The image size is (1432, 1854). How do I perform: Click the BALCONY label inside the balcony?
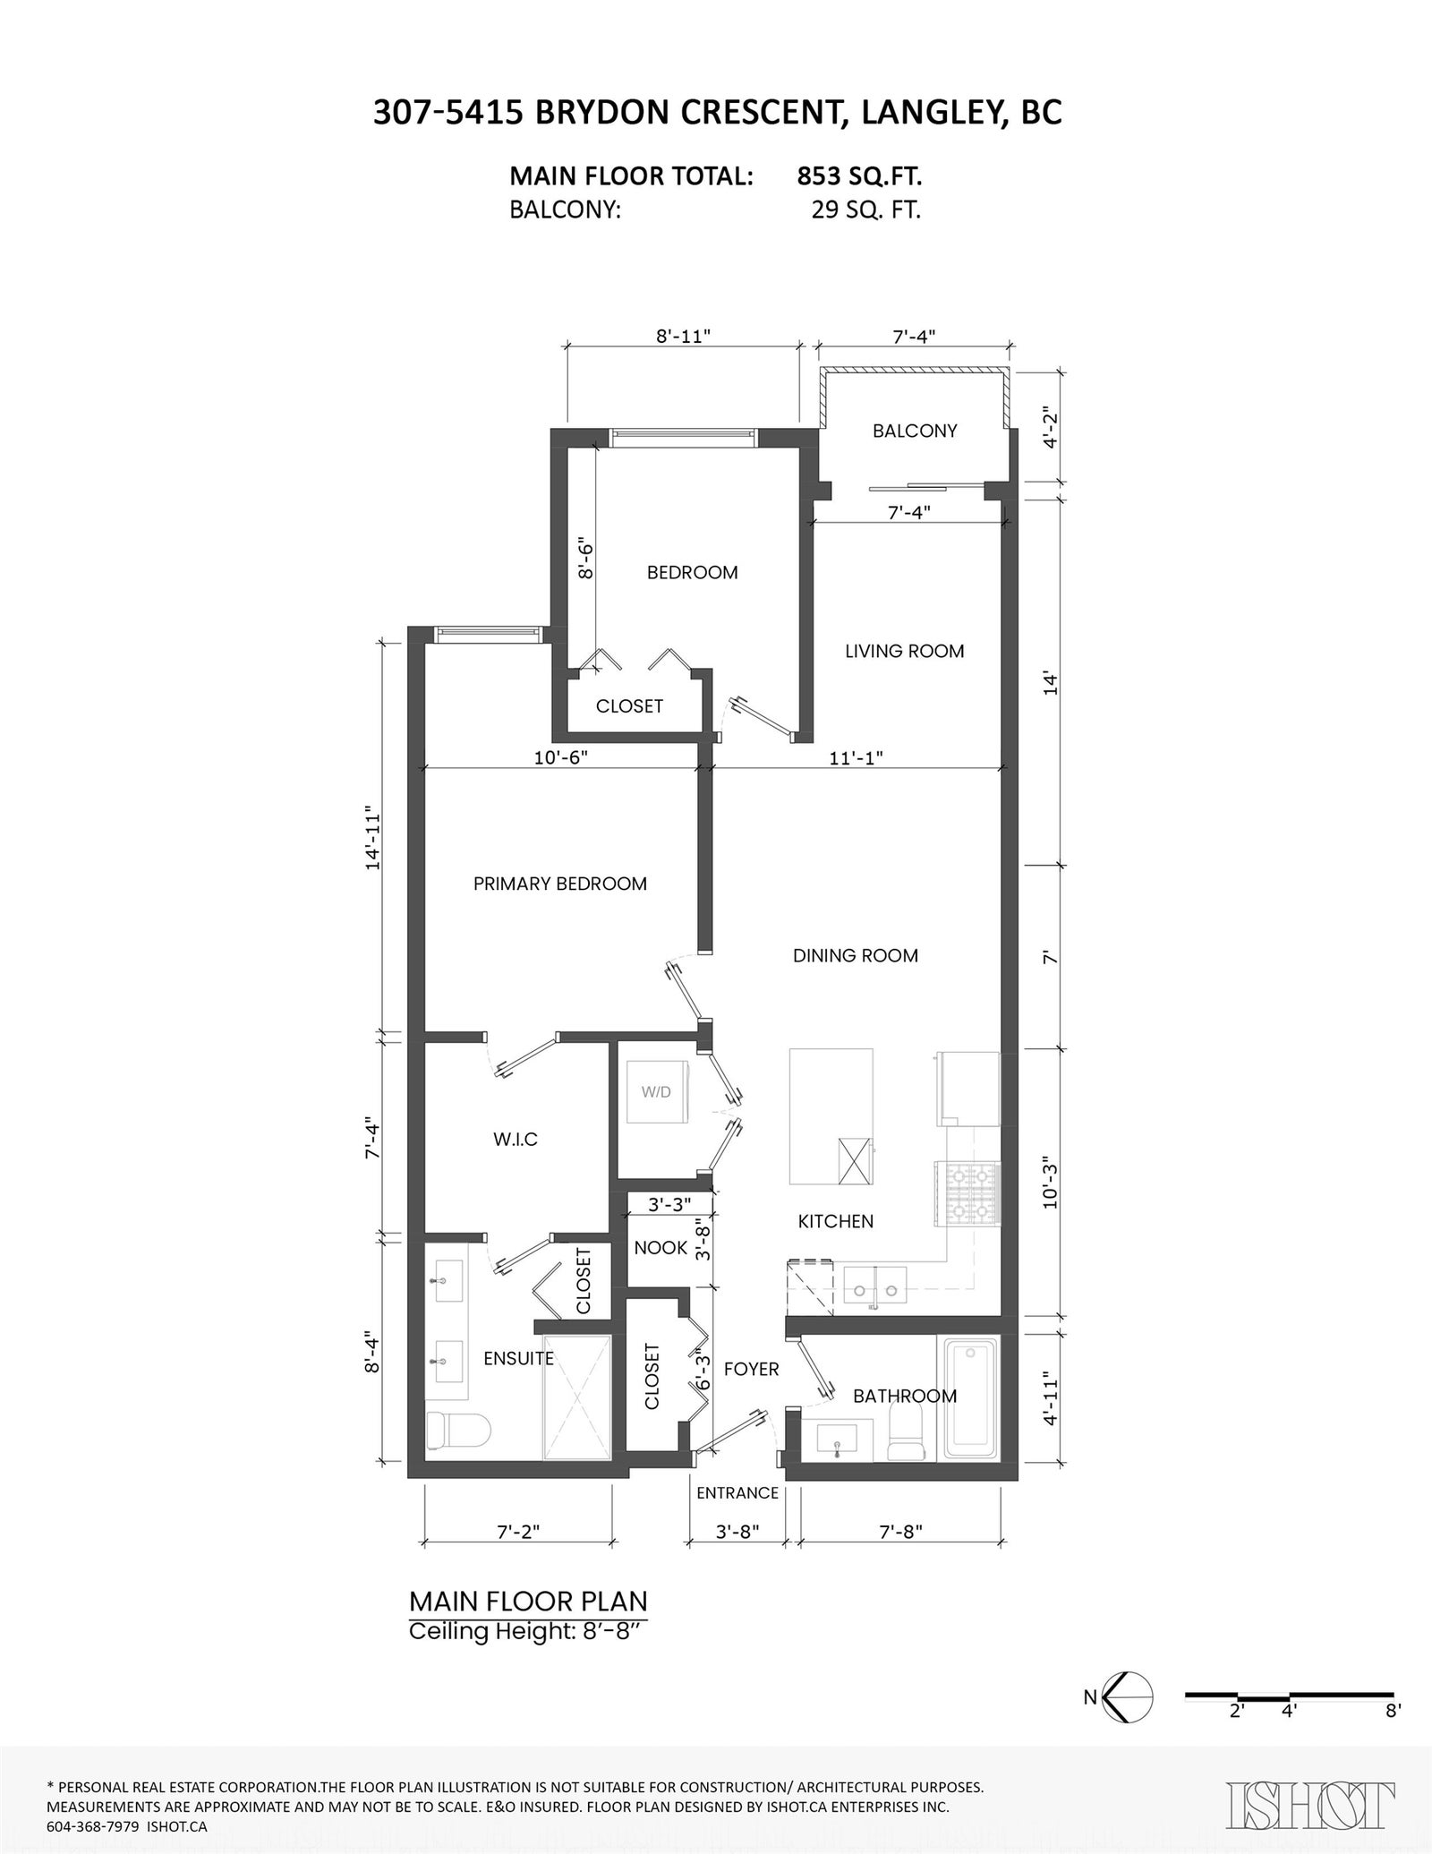pos(915,431)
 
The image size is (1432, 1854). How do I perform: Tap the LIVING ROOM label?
pos(905,651)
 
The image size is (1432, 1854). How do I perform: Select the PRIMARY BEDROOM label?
pos(560,884)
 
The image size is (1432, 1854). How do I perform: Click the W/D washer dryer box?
pos(656,1092)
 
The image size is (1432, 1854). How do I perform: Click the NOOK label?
pos(661,1248)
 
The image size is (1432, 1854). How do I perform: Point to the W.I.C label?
pos(516,1140)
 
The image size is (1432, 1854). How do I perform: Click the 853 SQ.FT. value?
pos(859,176)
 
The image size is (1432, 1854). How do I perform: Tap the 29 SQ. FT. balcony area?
pos(865,210)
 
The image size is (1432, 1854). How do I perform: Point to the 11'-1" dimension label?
pos(856,758)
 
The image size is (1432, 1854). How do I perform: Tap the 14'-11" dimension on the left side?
pos(373,841)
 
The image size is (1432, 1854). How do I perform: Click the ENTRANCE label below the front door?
pos(737,1493)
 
